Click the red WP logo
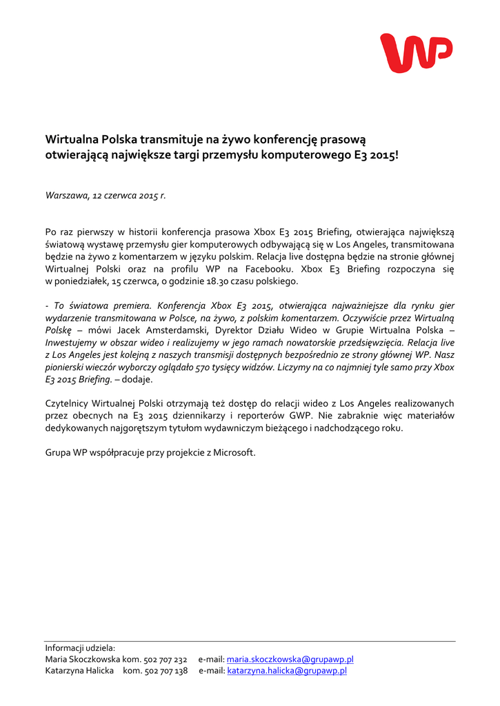tap(416, 53)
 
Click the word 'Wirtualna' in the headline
tap(73, 141)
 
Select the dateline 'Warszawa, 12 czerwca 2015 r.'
tap(106, 196)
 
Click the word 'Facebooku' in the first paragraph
tap(273, 270)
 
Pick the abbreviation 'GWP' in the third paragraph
tap(297, 416)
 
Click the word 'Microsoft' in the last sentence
tap(234, 453)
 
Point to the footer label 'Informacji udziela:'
tap(80, 648)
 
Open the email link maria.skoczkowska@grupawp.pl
tap(290, 660)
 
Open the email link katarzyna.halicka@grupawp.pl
tap(287, 671)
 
